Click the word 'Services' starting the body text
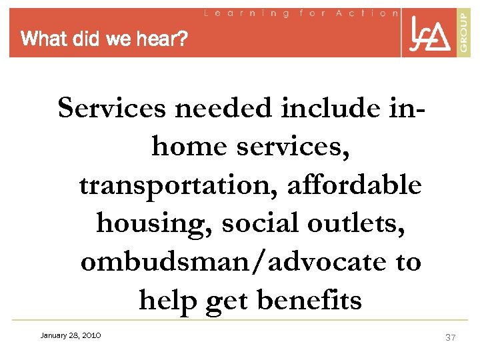111,109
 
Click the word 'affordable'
354,185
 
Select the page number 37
450,337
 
